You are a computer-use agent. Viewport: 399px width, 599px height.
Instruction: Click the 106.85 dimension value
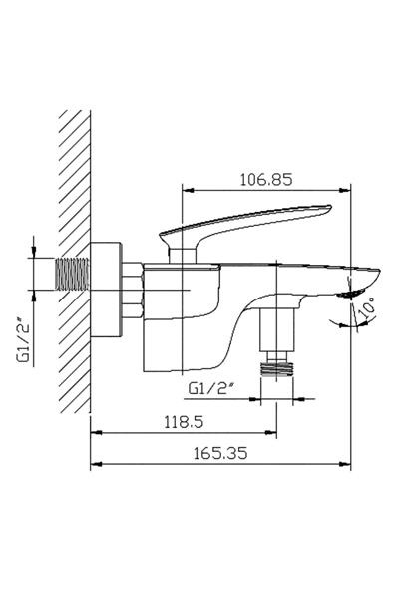pyautogui.click(x=266, y=179)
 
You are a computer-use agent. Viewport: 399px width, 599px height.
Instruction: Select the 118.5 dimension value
pyautogui.click(x=184, y=422)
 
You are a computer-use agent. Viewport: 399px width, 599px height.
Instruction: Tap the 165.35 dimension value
pyautogui.click(x=220, y=453)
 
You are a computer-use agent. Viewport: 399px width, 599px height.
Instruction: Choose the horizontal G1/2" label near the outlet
pyautogui.click(x=211, y=388)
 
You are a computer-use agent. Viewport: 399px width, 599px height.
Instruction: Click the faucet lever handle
pyautogui.click(x=245, y=225)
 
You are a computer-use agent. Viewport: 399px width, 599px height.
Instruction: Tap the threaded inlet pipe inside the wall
pyautogui.click(x=73, y=274)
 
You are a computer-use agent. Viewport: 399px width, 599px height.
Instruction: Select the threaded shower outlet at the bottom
pyautogui.click(x=277, y=369)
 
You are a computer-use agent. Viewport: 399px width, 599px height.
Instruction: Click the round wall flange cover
pyautogui.click(x=106, y=290)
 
